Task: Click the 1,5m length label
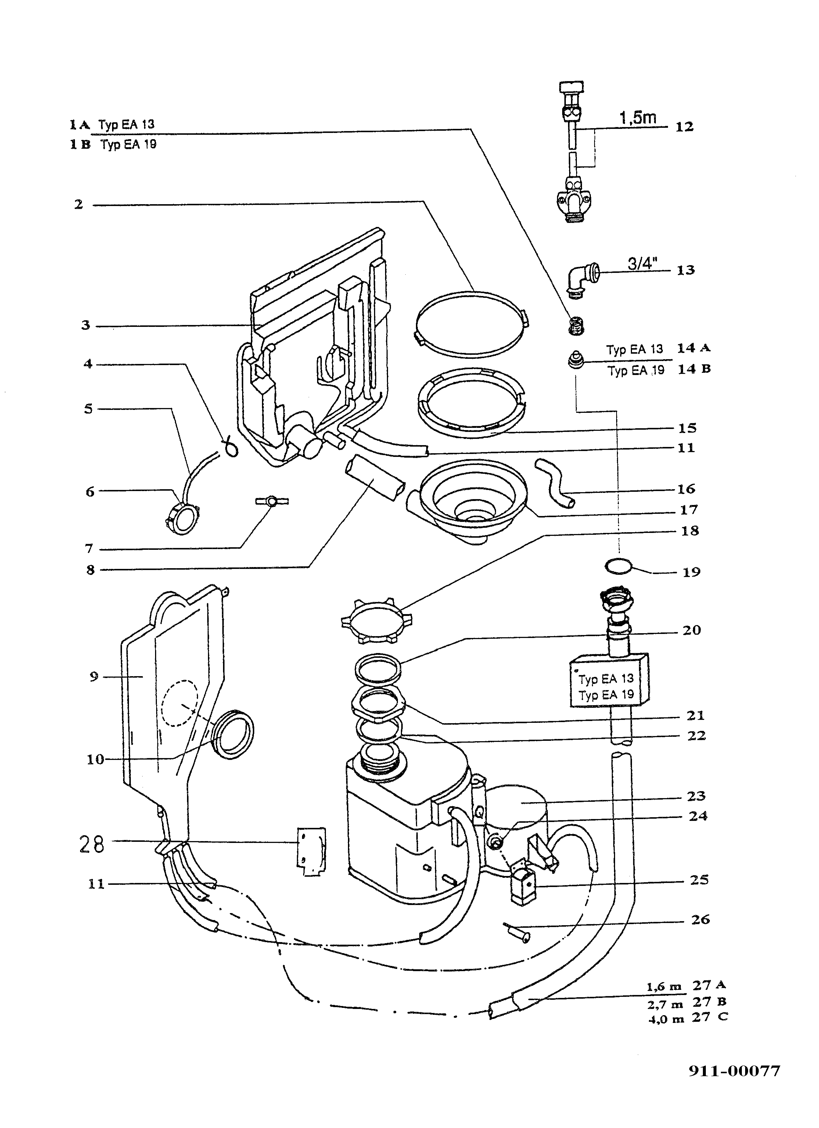(x=637, y=118)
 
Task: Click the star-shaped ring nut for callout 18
(x=379, y=618)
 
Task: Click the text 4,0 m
(x=666, y=1019)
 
